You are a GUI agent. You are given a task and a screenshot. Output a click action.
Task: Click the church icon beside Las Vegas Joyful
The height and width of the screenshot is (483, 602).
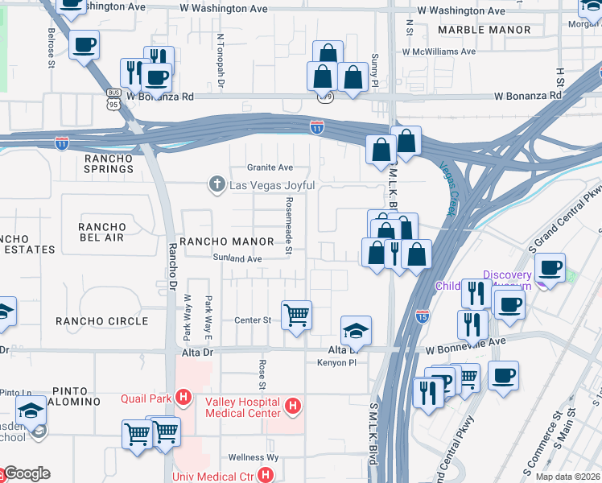pyautogui.click(x=216, y=185)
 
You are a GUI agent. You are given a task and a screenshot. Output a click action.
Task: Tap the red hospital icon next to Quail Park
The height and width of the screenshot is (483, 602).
pyautogui.click(x=184, y=397)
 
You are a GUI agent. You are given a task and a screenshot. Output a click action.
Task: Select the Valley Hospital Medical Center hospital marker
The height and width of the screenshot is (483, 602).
pyautogui.click(x=293, y=407)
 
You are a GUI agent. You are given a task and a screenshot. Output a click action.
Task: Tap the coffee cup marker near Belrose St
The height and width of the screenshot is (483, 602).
pyautogui.click(x=84, y=46)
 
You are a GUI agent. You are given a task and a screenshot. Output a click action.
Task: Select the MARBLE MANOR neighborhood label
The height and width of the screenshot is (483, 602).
pyautogui.click(x=484, y=30)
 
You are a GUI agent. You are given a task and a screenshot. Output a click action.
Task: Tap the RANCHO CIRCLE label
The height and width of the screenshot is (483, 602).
pyautogui.click(x=101, y=321)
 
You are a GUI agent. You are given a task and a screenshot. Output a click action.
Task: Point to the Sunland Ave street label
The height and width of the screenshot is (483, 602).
pyautogui.click(x=237, y=259)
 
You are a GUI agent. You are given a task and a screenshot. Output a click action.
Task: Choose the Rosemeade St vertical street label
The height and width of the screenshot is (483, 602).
pyautogui.click(x=287, y=227)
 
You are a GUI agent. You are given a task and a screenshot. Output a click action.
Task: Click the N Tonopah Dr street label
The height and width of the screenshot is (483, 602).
pyautogui.click(x=220, y=60)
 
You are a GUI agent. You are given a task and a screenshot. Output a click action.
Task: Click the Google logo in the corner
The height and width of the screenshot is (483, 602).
pyautogui.click(x=27, y=473)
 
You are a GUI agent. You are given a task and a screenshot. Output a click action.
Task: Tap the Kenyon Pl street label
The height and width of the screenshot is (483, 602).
pyautogui.click(x=348, y=364)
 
